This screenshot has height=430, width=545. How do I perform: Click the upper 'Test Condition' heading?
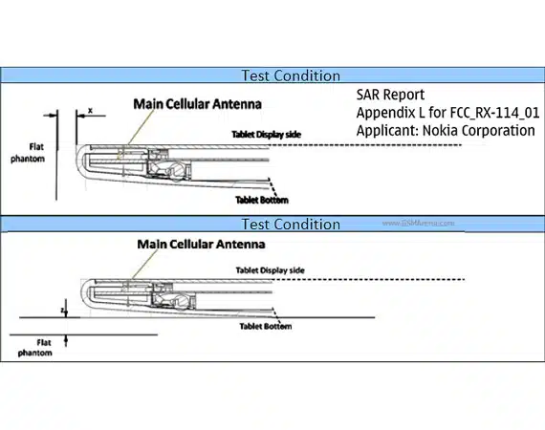pos(291,75)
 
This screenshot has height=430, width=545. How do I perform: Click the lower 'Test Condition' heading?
pos(291,225)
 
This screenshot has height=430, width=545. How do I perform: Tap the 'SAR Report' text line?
pos(390,95)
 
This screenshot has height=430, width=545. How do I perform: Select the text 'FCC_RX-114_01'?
pos(494,113)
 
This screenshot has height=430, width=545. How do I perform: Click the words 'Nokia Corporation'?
pos(479,131)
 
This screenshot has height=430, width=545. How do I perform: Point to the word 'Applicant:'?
pos(387,131)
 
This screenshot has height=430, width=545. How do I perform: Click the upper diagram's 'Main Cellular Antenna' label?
pos(197,104)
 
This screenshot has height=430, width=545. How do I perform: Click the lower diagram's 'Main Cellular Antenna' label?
pos(201,245)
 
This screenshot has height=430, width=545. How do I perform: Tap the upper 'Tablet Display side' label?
pos(267,135)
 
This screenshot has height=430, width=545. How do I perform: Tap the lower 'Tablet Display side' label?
pos(271,270)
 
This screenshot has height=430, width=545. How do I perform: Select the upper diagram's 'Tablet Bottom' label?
pos(262,200)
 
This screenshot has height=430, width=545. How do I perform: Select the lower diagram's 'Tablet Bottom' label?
pos(266,326)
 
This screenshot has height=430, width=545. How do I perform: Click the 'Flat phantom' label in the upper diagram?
pos(28,153)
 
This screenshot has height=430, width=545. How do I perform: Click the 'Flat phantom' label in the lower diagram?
pos(35,348)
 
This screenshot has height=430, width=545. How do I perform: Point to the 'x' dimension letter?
pos(91,111)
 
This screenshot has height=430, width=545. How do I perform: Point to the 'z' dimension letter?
pos(62,311)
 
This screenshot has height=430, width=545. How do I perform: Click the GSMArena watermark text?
pos(418,223)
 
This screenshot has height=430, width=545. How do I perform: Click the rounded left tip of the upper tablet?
pos(77,160)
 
